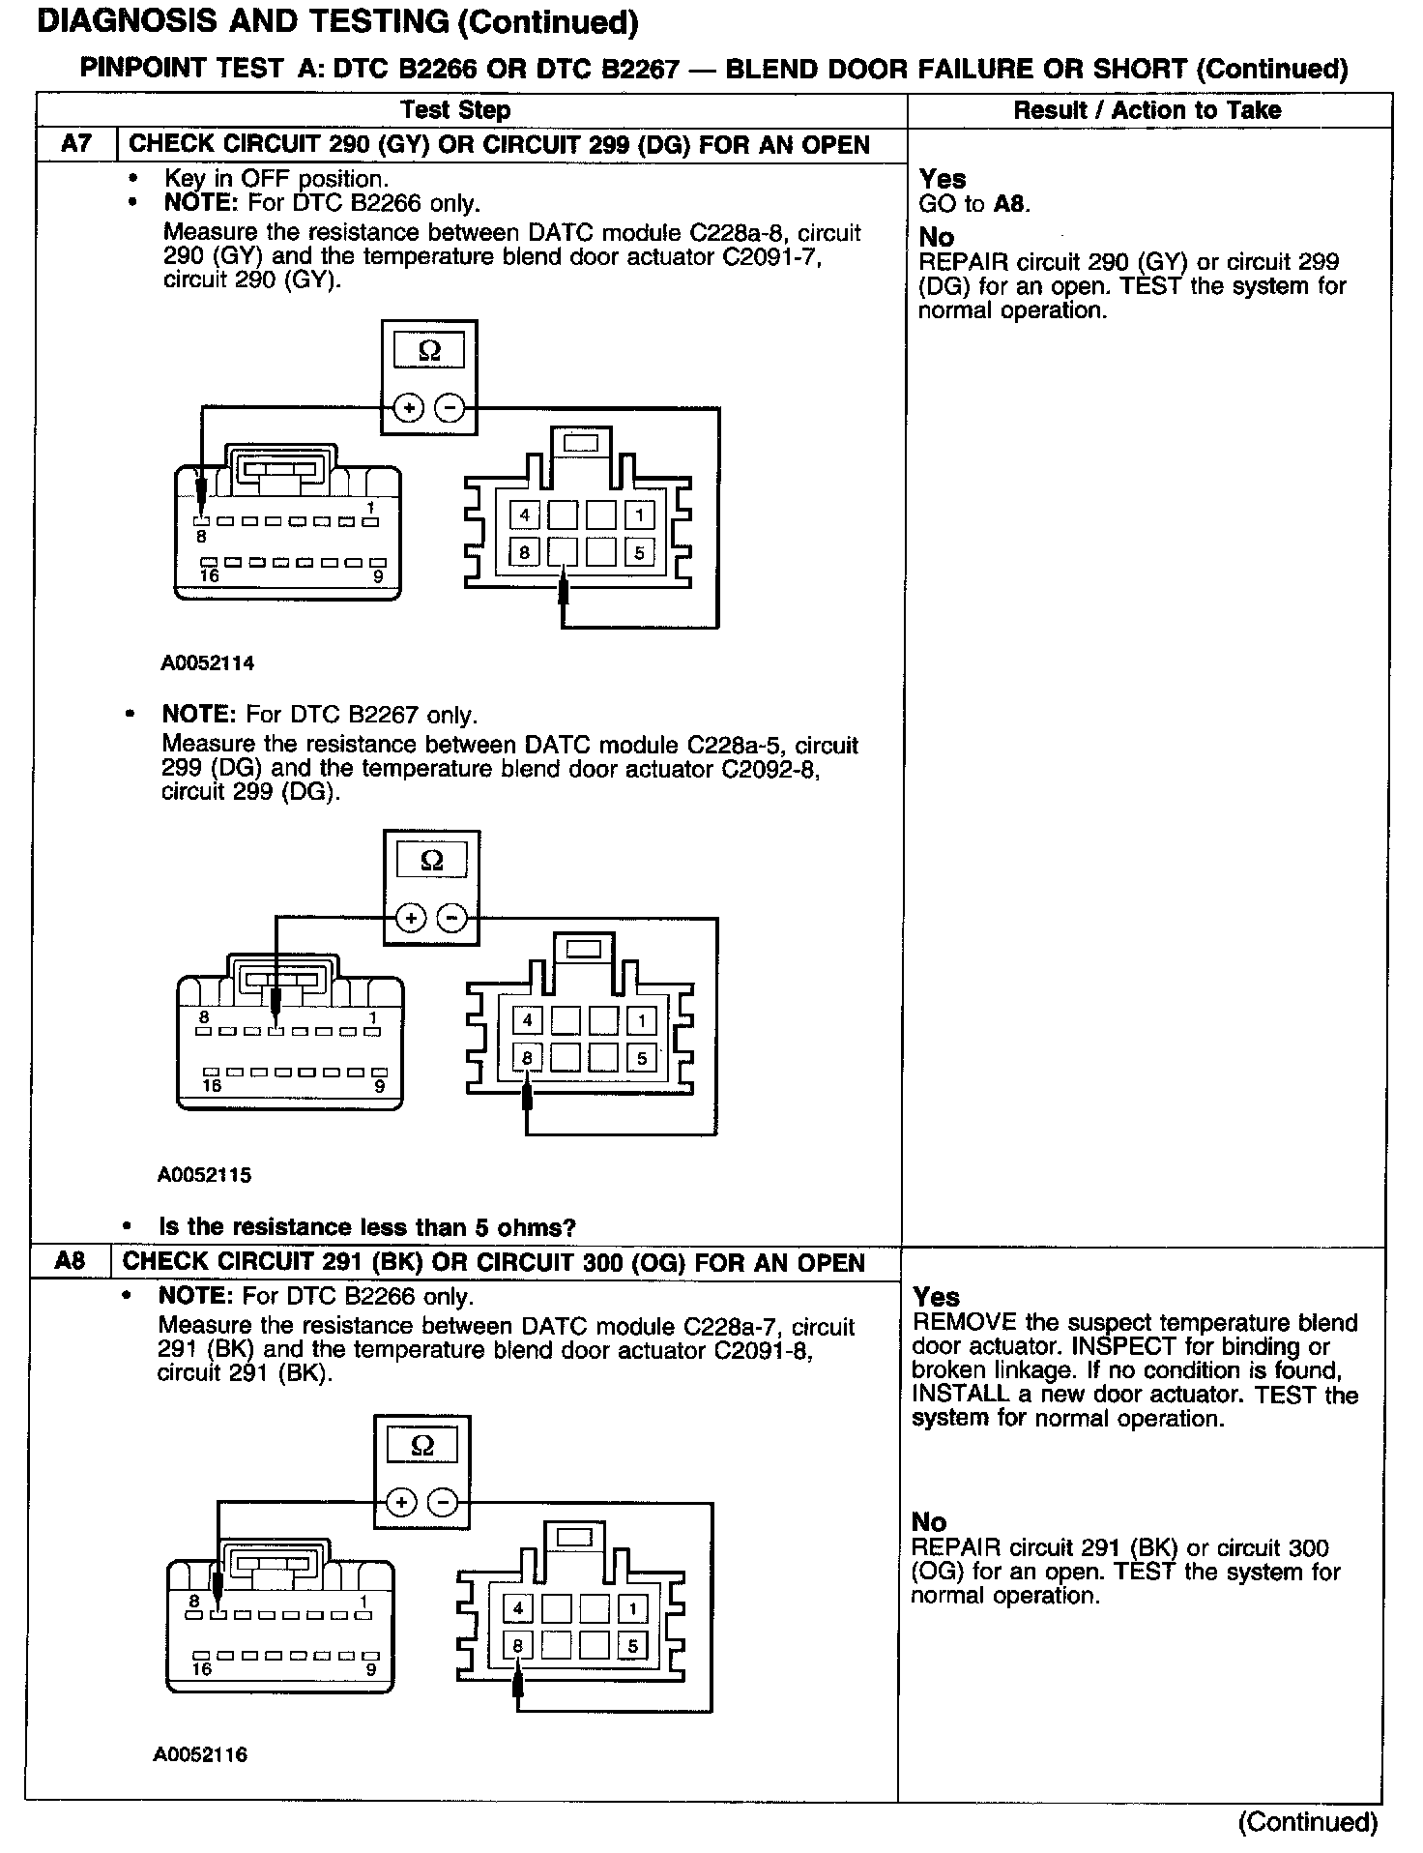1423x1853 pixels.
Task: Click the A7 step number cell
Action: tap(76, 145)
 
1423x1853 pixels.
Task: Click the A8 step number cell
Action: tap(71, 1262)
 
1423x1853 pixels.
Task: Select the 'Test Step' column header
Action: tap(455, 110)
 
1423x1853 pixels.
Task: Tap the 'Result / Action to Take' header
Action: tap(1147, 110)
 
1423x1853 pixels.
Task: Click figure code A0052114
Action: tap(208, 663)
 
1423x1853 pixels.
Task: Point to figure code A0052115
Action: tap(205, 1175)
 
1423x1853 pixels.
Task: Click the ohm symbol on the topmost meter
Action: tap(429, 351)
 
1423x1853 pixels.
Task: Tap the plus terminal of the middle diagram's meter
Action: tap(411, 918)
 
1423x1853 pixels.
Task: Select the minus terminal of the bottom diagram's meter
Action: tap(443, 1503)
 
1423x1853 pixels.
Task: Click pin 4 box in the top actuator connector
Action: tap(524, 515)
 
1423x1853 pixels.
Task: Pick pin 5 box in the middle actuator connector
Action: tap(641, 1058)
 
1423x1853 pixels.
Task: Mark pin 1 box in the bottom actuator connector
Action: tap(632, 1608)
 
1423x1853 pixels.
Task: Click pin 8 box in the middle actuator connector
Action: tap(527, 1058)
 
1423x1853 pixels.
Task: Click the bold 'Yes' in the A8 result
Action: tap(936, 1296)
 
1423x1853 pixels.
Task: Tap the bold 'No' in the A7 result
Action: tap(936, 237)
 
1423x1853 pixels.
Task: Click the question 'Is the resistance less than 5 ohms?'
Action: tap(367, 1227)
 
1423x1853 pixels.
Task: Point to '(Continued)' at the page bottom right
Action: tap(1307, 1821)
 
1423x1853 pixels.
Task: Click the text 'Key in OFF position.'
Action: tap(276, 178)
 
